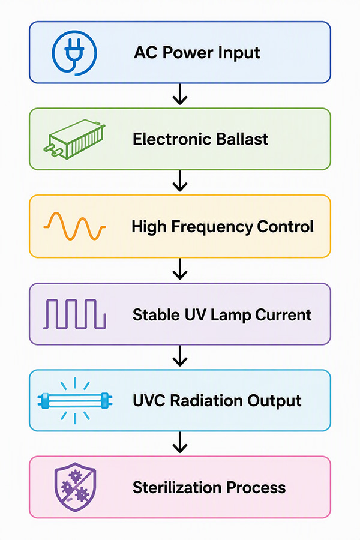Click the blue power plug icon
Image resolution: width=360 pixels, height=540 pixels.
click(74, 53)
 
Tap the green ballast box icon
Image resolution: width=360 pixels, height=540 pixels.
click(74, 139)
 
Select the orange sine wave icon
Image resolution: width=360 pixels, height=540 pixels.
click(74, 226)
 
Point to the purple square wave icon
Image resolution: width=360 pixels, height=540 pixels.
click(74, 314)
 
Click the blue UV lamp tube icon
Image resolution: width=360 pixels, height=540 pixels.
click(75, 401)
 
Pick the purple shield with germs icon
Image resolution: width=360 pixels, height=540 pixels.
click(75, 487)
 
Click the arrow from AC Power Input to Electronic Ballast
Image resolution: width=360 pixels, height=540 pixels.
click(180, 94)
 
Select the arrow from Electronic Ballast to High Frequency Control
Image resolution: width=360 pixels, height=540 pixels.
click(180, 181)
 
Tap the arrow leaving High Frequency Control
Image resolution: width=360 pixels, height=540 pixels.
click(180, 268)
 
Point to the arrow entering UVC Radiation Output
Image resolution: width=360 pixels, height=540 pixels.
click(180, 355)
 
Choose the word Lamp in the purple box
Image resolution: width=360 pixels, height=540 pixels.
click(230, 316)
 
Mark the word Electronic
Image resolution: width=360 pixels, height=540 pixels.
click(168, 139)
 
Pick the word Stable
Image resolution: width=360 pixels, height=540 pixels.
click(157, 315)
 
